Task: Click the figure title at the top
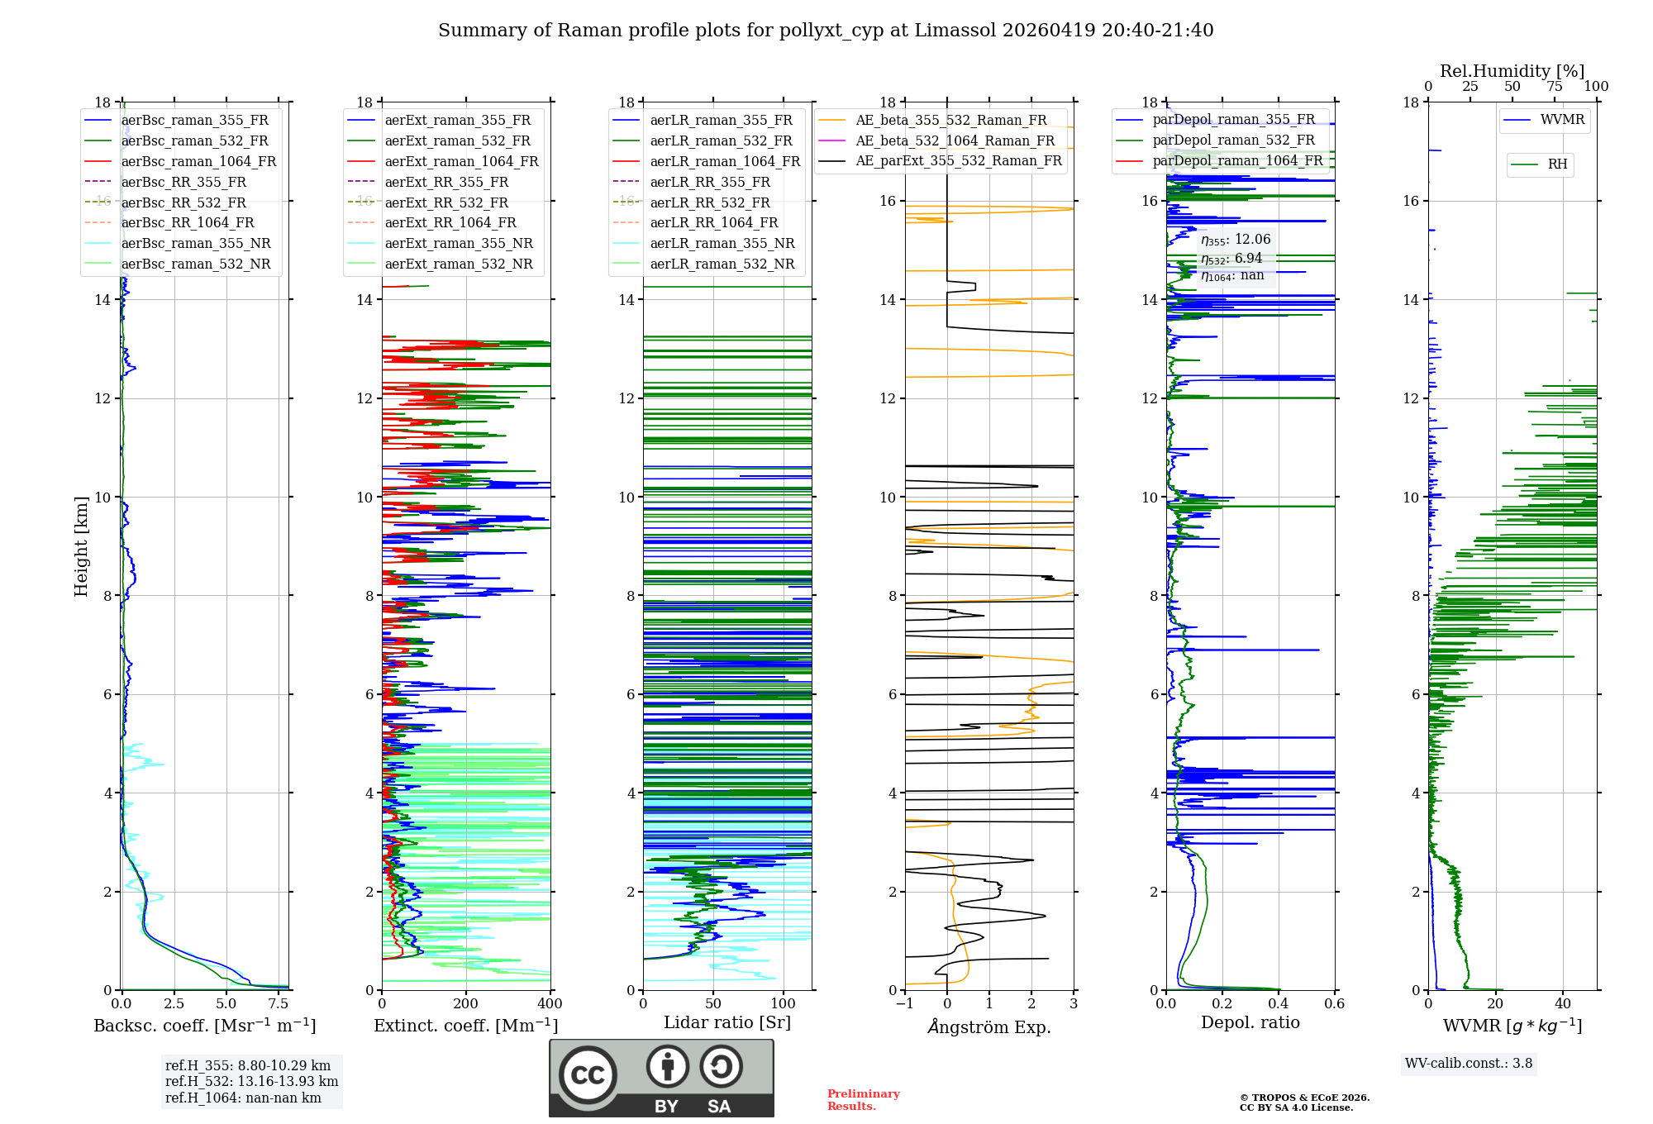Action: coord(826,31)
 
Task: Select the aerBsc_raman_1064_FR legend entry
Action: coord(198,162)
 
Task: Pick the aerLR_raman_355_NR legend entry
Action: coord(722,244)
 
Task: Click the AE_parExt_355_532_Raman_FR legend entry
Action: coord(958,161)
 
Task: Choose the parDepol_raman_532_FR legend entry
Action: coord(1233,140)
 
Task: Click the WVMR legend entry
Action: coord(1562,120)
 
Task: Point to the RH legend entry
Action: coord(1557,164)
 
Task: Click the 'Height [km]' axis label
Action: coord(81,545)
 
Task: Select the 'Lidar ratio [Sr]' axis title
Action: coord(727,1023)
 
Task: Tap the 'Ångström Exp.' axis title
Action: coord(989,1027)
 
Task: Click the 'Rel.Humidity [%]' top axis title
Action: coord(1512,71)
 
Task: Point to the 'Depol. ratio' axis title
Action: coord(1250,1023)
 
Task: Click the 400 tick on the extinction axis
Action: coord(550,1004)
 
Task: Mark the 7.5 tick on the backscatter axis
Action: coord(279,1004)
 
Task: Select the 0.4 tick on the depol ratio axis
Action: coord(1278,1004)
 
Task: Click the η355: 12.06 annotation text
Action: coord(1236,240)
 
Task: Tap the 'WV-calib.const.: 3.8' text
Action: coord(1468,1064)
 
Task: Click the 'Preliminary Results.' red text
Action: coord(863,1100)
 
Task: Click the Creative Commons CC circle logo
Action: coord(588,1075)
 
